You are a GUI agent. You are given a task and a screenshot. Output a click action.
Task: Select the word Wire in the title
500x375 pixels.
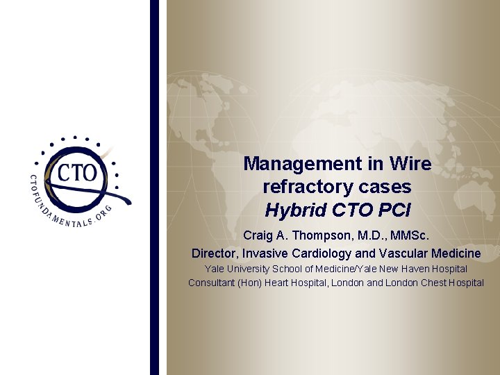410,164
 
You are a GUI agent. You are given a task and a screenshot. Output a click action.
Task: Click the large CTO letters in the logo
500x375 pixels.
77,172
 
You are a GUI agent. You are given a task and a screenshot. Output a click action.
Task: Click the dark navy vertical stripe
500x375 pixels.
154,187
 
